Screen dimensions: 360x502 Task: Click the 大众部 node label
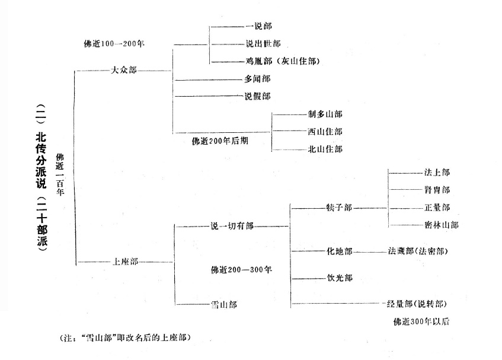(x=123, y=70)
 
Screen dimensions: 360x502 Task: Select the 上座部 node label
(x=125, y=261)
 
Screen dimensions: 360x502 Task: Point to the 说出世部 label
(x=263, y=44)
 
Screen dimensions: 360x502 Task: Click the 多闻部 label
(x=257, y=78)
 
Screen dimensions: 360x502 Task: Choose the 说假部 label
(x=257, y=96)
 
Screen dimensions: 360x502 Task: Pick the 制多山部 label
(x=325, y=113)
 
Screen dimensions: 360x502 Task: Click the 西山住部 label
(x=325, y=131)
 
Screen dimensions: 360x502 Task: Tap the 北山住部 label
(x=325, y=149)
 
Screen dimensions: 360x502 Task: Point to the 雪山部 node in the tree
(x=223, y=304)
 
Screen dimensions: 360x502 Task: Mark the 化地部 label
(x=339, y=251)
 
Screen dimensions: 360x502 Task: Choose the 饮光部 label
(x=339, y=278)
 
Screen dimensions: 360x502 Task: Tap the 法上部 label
(x=437, y=173)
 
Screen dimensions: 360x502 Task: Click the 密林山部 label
(x=441, y=225)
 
